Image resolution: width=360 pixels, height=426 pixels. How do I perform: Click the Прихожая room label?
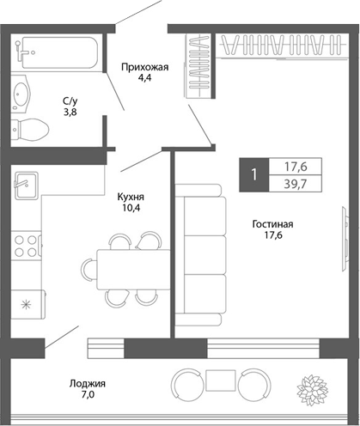click(144, 67)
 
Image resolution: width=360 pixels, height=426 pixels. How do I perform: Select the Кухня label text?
click(131, 196)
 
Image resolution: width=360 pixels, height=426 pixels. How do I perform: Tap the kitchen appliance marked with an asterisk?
click(26, 304)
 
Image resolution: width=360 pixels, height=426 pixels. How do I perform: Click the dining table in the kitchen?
click(129, 268)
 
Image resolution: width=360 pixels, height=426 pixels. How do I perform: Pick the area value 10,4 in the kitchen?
click(131, 209)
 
